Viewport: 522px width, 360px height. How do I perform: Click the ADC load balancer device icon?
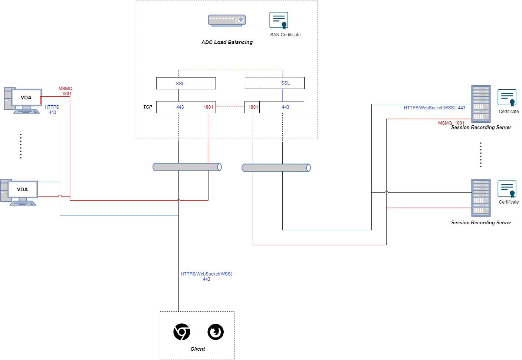point(227,20)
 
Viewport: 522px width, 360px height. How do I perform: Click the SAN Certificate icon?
point(279,20)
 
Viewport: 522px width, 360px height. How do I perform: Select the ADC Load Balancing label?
point(227,42)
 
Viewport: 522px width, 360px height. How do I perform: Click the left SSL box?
point(180,83)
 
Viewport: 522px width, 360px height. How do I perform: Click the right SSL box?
point(285,83)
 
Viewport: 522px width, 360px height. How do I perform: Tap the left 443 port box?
point(180,107)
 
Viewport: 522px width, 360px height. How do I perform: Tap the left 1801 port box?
point(208,107)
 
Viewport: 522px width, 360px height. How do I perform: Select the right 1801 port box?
point(253,107)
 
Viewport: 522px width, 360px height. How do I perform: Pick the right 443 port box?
point(285,107)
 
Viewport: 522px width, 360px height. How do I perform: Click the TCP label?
point(147,107)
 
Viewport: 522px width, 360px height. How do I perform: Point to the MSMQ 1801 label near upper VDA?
point(65,91)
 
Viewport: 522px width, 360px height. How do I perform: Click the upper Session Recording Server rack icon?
point(481,104)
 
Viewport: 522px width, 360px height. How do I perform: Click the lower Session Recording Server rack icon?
point(481,198)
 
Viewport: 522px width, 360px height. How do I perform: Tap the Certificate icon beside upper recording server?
point(507,98)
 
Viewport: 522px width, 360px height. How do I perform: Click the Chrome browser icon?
point(182,332)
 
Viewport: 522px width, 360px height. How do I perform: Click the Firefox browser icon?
point(216,332)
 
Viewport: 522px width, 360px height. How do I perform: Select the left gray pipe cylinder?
point(187,167)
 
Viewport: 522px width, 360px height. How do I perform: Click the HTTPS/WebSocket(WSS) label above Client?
point(206,276)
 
